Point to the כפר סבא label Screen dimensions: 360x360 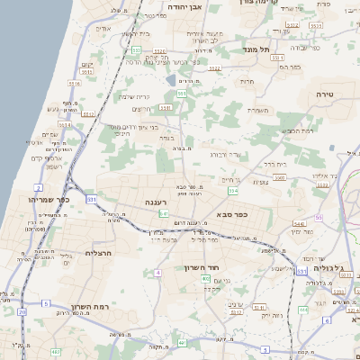(232, 215)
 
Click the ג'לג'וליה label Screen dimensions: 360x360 (334, 268)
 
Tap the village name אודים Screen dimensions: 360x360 (103, 30)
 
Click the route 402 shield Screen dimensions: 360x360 (206, 279)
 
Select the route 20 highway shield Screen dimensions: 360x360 (20, 311)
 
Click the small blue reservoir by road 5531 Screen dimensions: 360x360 (171, 81)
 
